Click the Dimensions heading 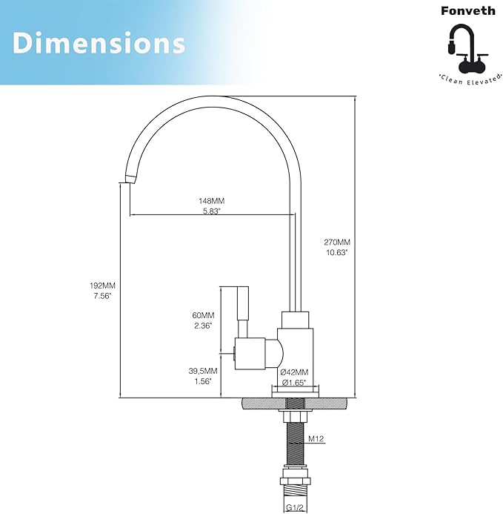point(99,43)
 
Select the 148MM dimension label point(212,201)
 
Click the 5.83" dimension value point(212,211)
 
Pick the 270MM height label point(337,242)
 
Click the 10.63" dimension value point(337,252)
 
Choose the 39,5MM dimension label point(202,370)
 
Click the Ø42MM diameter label point(295,372)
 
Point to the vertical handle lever point(241,312)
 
